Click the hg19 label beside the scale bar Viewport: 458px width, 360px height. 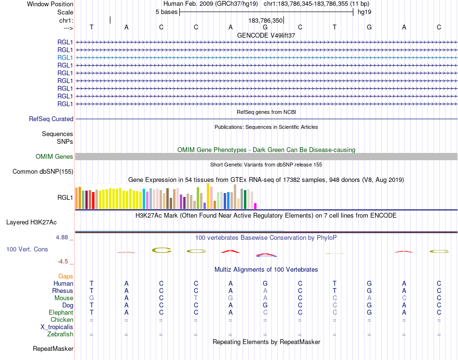(364, 12)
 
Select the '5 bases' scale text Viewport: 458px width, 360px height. (166, 12)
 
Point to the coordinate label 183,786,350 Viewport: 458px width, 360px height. (265, 21)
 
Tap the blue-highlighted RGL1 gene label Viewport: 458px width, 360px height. (65, 57)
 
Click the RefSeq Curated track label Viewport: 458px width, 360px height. (51, 119)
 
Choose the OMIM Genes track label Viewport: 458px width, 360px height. (54, 156)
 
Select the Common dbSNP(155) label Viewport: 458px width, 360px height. (43, 171)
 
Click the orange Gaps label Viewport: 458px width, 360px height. (66, 276)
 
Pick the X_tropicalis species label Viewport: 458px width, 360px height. (57, 327)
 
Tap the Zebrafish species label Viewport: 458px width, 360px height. (60, 334)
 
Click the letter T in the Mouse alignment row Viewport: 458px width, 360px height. (196, 298)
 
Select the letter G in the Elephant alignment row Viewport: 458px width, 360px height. (369, 313)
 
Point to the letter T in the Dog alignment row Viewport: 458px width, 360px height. (92, 305)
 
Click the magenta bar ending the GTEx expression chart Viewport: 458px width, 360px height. (256, 206)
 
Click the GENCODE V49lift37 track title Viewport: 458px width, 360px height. (266, 35)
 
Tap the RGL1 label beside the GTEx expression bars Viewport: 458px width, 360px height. (65, 197)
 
